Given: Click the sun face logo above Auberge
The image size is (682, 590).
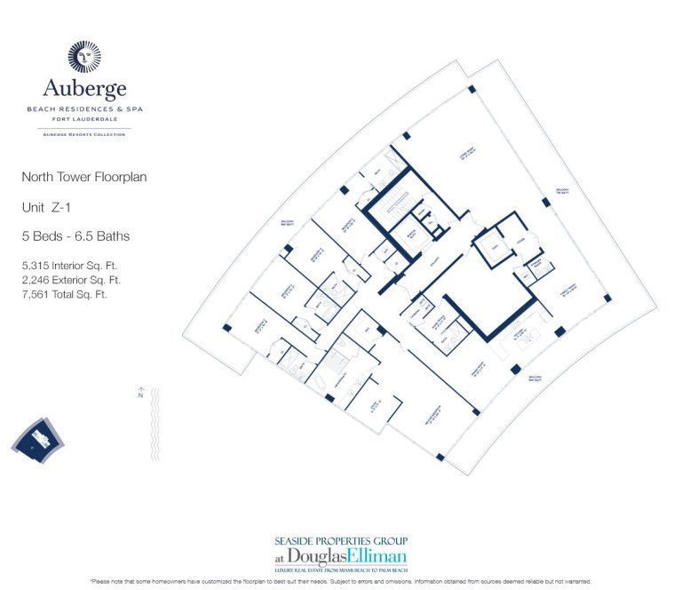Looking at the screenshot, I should [x=84, y=55].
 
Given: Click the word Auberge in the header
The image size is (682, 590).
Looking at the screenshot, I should [x=84, y=88].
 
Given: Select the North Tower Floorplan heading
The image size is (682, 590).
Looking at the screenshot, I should [x=84, y=177].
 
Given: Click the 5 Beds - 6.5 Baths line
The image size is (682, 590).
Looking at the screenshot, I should [x=75, y=235].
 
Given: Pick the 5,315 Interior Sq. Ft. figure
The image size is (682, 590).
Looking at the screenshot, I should [x=69, y=265].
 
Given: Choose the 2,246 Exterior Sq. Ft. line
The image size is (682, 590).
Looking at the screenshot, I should [x=71, y=280].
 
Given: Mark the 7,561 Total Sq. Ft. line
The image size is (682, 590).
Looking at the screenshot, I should [x=64, y=294].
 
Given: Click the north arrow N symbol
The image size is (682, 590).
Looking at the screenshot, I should [x=140, y=396].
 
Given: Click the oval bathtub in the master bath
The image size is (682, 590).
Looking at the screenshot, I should [x=367, y=331].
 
